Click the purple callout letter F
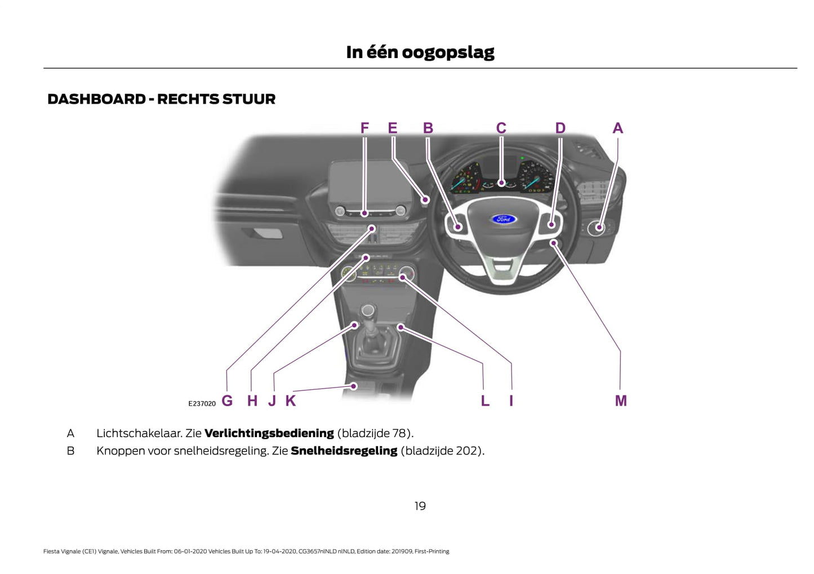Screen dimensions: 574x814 364,128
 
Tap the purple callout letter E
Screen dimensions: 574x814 393,128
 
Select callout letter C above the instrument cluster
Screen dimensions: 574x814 501,128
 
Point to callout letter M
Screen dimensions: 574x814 620,401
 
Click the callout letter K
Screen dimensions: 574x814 290,401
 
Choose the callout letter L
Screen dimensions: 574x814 485,401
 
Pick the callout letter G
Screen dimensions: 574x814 227,401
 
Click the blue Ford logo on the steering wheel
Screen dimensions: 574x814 503,219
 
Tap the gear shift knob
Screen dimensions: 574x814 368,310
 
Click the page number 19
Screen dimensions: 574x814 420,506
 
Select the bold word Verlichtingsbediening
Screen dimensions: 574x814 269,433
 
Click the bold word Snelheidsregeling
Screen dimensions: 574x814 344,451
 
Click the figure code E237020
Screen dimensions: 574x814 202,403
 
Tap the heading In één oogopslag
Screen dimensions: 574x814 420,52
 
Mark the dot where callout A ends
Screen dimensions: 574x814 599,228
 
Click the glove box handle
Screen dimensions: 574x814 268,232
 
